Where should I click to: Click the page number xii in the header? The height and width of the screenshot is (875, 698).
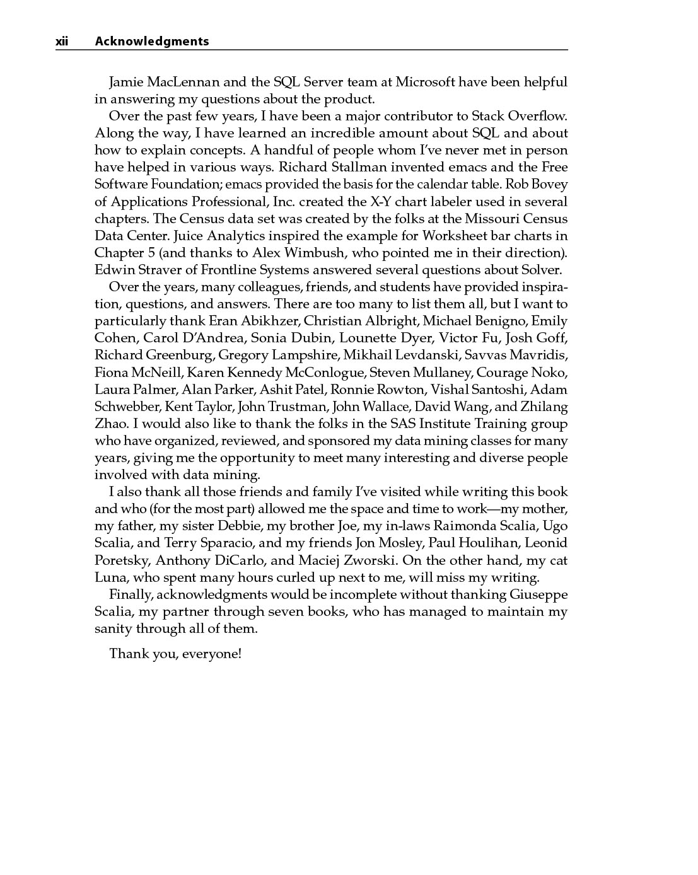62,42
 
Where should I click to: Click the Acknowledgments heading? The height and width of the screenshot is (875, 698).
151,42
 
